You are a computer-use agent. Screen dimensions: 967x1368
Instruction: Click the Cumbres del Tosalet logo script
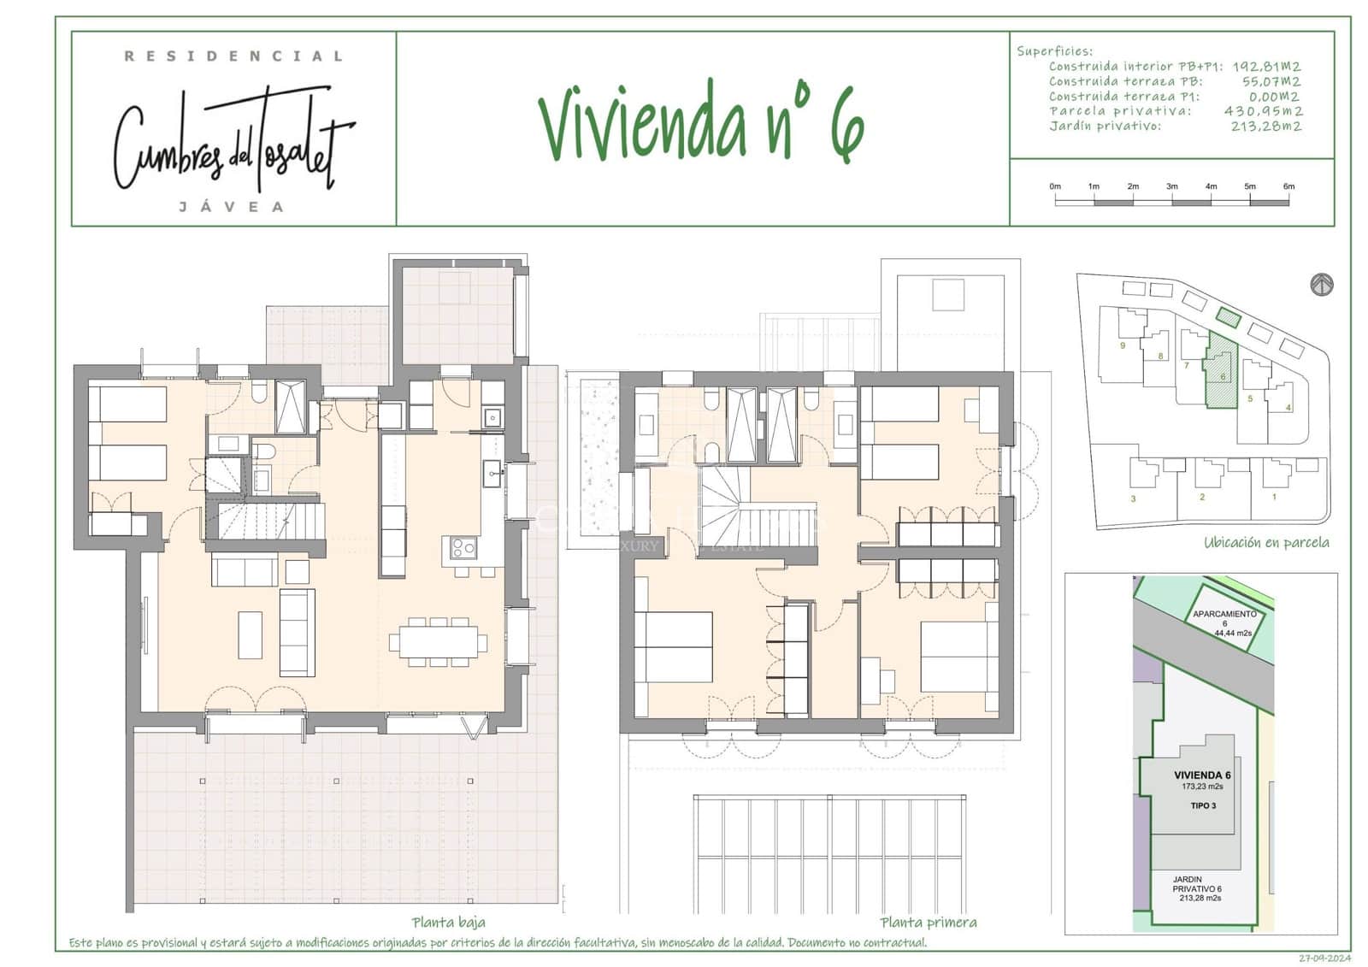click(x=233, y=141)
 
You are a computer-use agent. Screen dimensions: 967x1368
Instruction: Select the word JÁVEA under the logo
click(x=231, y=207)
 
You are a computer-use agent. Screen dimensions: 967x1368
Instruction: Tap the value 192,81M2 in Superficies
click(x=1266, y=67)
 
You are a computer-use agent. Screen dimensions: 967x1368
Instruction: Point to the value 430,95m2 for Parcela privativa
click(x=1263, y=111)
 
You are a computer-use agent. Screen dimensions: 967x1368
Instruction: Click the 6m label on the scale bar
click(x=1288, y=186)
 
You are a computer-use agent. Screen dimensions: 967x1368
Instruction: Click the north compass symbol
click(x=1322, y=285)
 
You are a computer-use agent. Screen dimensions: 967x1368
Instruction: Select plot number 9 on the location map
click(x=1123, y=345)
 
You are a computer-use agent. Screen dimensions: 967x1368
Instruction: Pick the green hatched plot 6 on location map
click(x=1221, y=374)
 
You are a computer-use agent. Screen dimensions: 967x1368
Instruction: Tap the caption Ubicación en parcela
click(x=1266, y=542)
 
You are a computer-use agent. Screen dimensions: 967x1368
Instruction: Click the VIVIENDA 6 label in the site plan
click(x=1202, y=775)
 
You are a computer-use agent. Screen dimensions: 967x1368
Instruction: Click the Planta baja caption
click(x=448, y=922)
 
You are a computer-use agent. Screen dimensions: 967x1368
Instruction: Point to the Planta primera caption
click(x=928, y=922)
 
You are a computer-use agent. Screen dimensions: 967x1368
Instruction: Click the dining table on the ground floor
click(x=438, y=641)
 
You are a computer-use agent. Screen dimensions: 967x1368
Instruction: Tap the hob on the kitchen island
click(x=463, y=547)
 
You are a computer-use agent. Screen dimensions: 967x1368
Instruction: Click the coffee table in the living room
click(x=250, y=634)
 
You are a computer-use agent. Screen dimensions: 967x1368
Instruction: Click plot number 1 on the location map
click(x=1274, y=497)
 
